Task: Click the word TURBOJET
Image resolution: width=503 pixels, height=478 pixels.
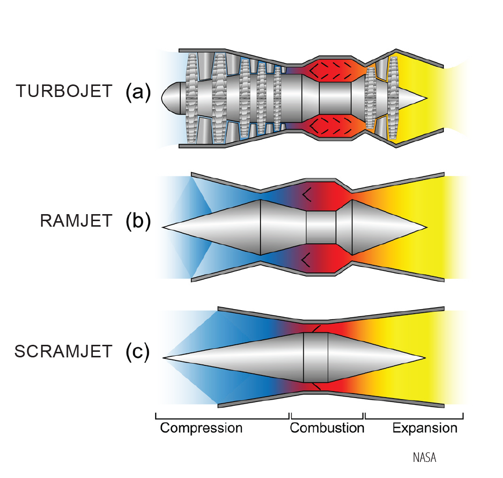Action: (x=64, y=91)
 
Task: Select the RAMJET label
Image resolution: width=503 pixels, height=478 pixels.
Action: (x=76, y=221)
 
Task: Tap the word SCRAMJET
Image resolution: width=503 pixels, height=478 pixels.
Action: (x=63, y=351)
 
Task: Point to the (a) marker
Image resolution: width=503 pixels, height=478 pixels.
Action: (x=138, y=92)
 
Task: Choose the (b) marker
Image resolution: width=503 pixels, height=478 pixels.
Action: (x=138, y=221)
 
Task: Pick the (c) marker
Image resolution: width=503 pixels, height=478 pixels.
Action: (x=138, y=352)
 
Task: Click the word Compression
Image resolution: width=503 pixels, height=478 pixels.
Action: (x=201, y=429)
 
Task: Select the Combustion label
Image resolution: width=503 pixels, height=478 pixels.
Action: (x=327, y=428)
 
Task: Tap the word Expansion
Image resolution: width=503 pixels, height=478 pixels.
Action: (x=425, y=429)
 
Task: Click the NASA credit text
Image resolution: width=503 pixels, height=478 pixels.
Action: (x=424, y=457)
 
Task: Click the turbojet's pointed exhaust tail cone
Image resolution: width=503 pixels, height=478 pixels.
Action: (x=413, y=98)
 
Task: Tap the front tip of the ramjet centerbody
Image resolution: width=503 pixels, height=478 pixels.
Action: (x=162, y=227)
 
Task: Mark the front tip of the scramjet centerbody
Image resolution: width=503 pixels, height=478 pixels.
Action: (x=163, y=357)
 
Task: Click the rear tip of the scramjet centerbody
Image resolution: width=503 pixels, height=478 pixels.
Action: (x=425, y=357)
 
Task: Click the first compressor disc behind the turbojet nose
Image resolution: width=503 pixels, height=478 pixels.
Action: (x=192, y=98)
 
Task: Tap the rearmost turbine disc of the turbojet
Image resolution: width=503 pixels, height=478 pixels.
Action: (x=393, y=98)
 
